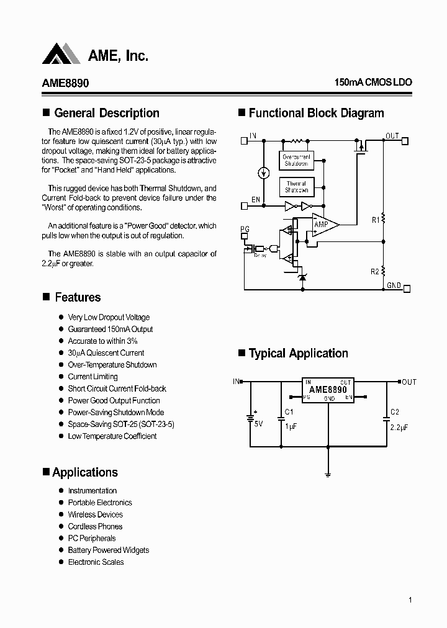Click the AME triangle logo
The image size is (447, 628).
61,54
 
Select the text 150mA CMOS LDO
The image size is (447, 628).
372,83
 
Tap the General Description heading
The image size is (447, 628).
106,114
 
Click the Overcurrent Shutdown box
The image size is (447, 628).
296,159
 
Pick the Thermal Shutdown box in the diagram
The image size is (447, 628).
296,187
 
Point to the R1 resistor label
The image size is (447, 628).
376,220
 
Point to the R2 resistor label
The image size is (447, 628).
375,272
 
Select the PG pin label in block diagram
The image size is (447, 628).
245,230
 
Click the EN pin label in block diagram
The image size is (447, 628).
255,200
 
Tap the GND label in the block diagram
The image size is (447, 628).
394,285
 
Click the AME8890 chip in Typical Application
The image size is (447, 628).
328,390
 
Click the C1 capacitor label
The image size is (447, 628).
289,412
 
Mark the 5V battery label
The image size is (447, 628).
258,424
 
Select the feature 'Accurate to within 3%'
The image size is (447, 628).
102,341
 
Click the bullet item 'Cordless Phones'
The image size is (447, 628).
95,526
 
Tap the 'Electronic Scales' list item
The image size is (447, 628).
96,562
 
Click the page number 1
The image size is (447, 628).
411,599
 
